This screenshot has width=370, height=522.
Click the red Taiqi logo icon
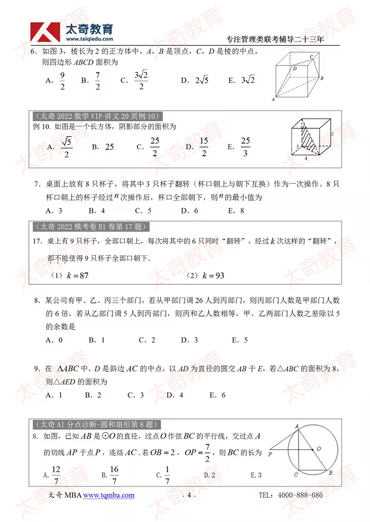point(44,32)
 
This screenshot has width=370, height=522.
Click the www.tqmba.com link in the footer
point(109,495)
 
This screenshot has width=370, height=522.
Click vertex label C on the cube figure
point(312,57)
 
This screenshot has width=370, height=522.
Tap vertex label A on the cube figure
point(273,99)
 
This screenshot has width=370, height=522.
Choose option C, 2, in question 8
point(147,340)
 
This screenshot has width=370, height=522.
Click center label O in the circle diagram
point(319,448)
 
